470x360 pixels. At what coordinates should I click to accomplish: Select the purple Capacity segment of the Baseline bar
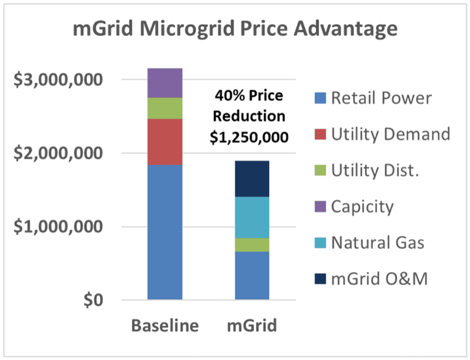tap(165, 83)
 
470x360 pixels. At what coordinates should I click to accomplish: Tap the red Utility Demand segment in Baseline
tap(165, 142)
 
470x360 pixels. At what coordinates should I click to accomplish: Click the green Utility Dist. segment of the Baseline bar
tap(165, 109)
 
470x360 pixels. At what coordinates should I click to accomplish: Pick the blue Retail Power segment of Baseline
tap(165, 232)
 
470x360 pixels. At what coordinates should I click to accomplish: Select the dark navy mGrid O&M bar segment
tap(252, 179)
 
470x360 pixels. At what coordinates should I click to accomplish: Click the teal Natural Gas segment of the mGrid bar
tap(252, 217)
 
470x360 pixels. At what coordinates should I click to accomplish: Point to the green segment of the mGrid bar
tap(252, 245)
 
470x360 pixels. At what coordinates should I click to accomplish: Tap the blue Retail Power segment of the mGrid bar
tap(252, 275)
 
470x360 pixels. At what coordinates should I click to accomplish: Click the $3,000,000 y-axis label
tap(57, 80)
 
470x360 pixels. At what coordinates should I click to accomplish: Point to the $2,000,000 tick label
tap(57, 153)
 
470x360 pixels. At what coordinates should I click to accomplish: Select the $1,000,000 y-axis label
tap(57, 227)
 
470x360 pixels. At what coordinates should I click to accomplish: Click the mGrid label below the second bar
tap(252, 326)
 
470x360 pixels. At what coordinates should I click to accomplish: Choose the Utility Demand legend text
tap(390, 134)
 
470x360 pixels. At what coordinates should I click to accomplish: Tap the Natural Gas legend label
tap(377, 243)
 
